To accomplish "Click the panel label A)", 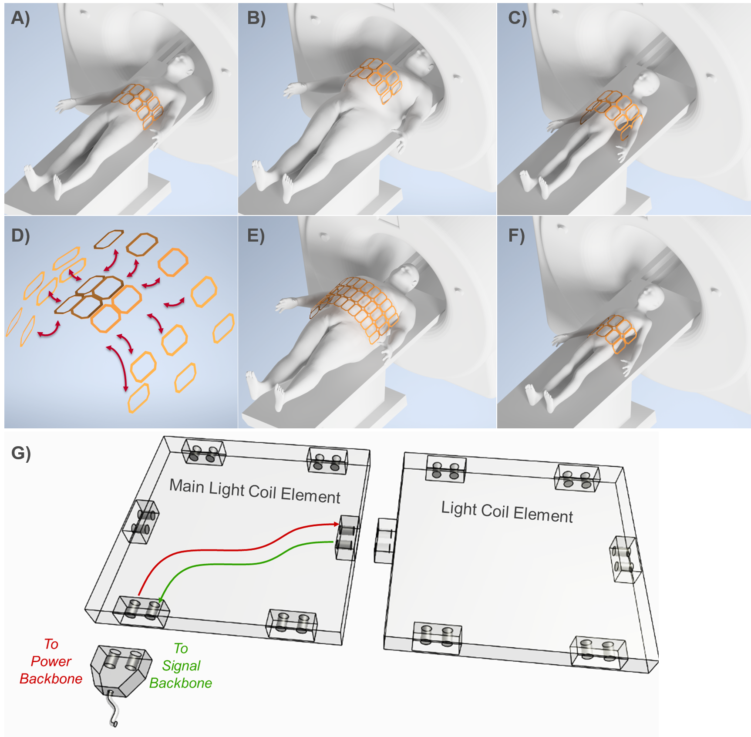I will click(20, 18).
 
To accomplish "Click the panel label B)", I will click(256, 18).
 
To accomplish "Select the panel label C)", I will click(517, 18).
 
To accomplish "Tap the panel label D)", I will click(20, 236).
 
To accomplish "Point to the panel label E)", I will click(256, 236).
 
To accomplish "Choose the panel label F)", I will click(517, 236).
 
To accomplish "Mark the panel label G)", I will click(21, 453).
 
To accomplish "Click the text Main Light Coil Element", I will click(255, 491).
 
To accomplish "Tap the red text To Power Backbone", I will click(51, 661).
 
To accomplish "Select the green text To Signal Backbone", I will click(181, 666).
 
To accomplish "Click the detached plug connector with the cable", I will click(121, 671).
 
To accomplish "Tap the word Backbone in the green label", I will click(181, 683).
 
